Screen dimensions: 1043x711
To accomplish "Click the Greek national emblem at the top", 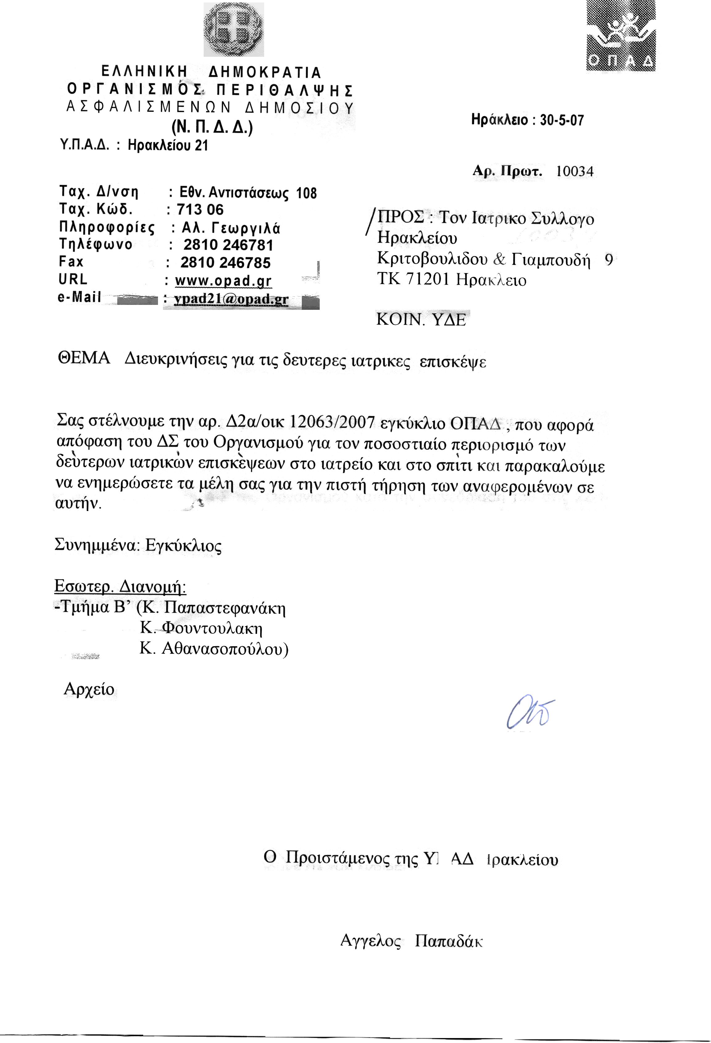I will click(233, 30).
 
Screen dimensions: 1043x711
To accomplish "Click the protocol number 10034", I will click(575, 171).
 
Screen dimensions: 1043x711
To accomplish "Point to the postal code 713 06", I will click(200, 210).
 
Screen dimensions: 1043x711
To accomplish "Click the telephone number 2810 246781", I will click(228, 245).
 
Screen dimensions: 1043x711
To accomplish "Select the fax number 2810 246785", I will click(225, 263).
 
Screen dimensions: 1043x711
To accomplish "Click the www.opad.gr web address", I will click(223, 281).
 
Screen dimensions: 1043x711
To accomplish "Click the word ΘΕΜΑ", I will click(84, 359).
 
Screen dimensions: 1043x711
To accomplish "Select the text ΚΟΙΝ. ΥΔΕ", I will click(421, 320).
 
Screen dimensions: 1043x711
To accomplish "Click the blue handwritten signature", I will click(530, 713).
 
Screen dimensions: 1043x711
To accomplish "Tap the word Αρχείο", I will click(89, 689).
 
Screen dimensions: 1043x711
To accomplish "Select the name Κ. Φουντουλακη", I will click(201, 627).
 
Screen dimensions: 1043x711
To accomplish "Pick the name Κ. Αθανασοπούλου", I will click(213, 649).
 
